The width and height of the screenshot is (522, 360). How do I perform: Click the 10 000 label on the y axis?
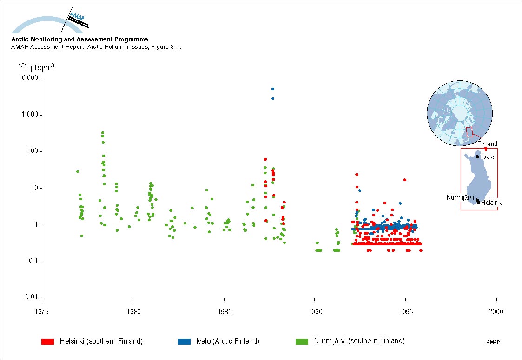(27, 79)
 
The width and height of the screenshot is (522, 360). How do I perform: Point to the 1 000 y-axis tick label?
(29, 115)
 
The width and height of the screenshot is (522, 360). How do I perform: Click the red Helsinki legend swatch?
(48, 341)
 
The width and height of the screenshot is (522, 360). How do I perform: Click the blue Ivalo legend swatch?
(185, 341)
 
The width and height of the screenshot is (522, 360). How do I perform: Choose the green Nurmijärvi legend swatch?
(302, 341)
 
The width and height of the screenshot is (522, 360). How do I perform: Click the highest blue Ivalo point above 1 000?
(273, 89)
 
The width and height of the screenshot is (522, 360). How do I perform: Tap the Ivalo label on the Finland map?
(488, 157)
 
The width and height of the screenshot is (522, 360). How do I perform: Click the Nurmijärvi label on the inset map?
(460, 197)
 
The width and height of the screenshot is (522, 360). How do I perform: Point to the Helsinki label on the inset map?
(491, 203)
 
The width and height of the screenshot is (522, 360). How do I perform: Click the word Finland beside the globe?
(487, 144)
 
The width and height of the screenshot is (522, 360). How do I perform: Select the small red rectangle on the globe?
(469, 132)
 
